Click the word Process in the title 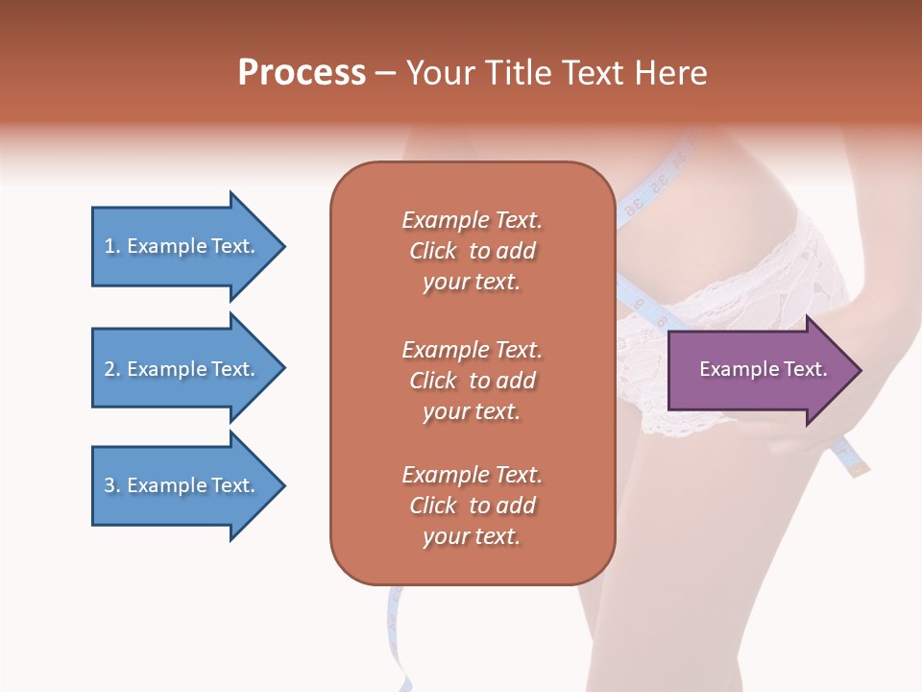(302, 73)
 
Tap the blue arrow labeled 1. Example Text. (182, 247)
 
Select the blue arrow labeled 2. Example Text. (182, 369)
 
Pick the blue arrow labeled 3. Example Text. (182, 485)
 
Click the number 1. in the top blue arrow (112, 247)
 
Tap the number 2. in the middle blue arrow (112, 369)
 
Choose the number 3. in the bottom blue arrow (112, 485)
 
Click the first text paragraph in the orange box (472, 251)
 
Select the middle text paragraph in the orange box (472, 381)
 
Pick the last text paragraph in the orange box (472, 506)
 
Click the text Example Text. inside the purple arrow (763, 369)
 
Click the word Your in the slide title (437, 73)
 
